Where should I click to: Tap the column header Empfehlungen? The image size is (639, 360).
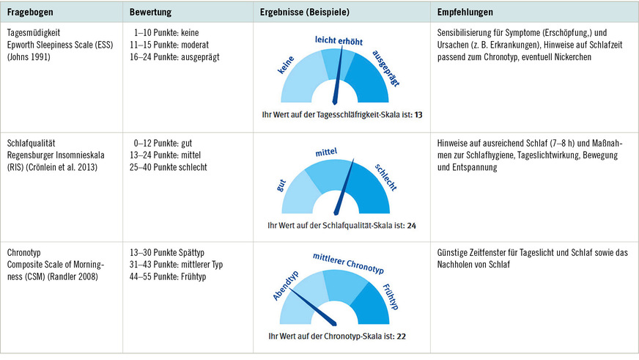point(465,12)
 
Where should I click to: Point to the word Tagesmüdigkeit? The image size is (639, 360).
point(34,33)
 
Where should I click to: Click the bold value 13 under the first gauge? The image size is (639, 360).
point(418,115)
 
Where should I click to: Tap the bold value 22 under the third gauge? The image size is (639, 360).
point(401,337)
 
